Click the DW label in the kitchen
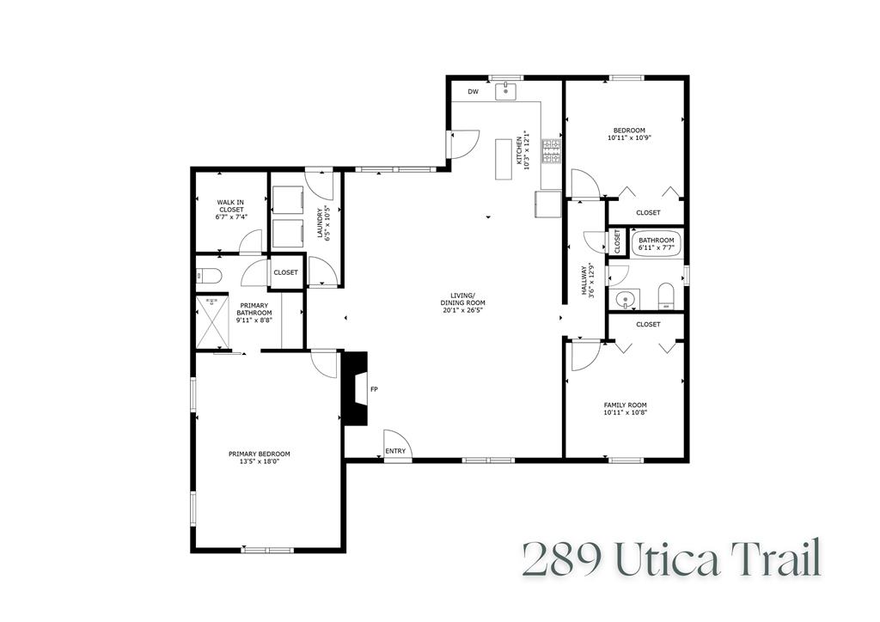tap(473, 92)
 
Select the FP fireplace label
tap(374, 389)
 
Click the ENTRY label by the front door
tap(395, 451)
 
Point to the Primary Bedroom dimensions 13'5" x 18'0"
tap(259, 461)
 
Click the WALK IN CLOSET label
tap(230, 210)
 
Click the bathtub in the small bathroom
tap(657, 247)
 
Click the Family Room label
tap(625, 405)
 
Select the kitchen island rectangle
tap(504, 159)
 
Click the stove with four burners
tap(553, 153)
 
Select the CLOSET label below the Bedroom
tap(648, 212)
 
